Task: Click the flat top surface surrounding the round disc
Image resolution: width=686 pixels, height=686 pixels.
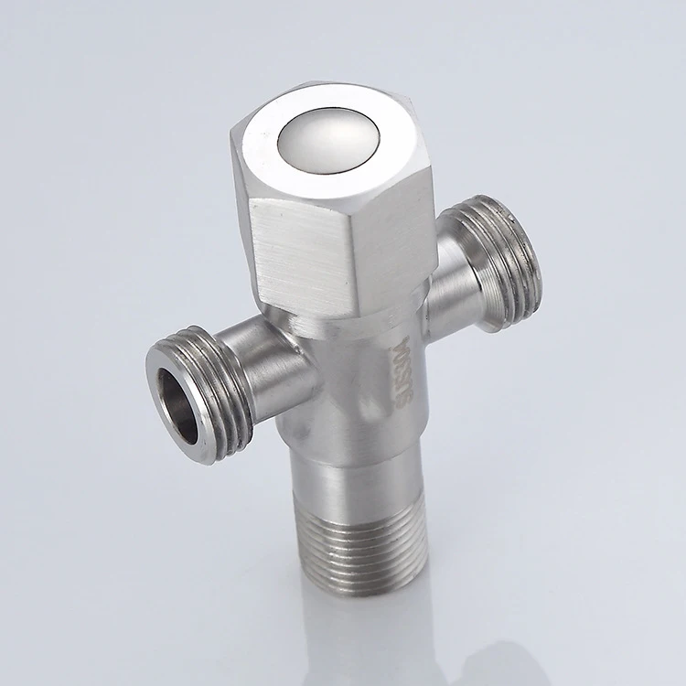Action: pyautogui.click(x=274, y=137)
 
